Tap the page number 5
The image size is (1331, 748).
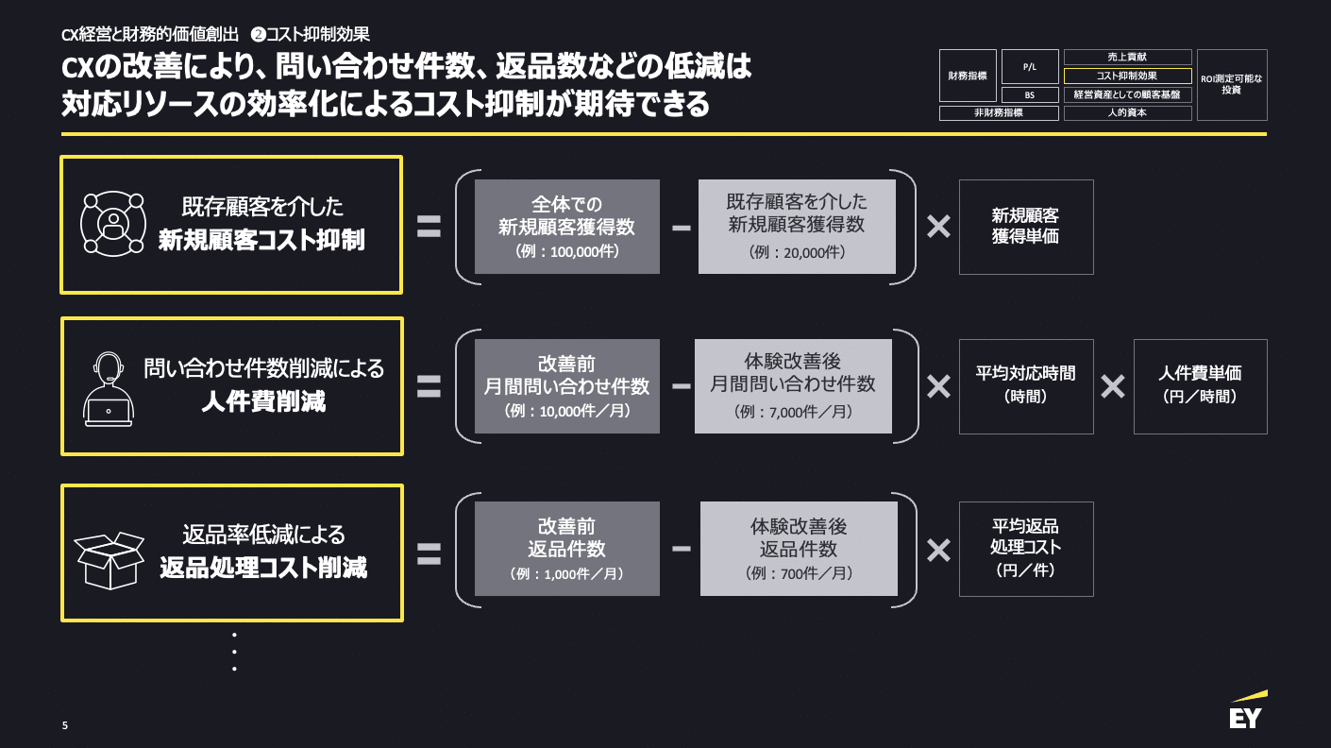point(65,725)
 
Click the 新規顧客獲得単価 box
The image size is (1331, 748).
point(1025,227)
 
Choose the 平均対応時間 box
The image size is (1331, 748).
point(1025,386)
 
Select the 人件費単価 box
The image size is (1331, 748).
point(1200,386)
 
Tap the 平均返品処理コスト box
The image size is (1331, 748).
point(1025,549)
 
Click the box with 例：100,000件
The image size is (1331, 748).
point(566,227)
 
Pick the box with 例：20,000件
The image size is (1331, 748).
point(797,227)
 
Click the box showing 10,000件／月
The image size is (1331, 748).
point(566,386)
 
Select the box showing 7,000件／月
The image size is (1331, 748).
point(793,386)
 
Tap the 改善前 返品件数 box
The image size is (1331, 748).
point(566,549)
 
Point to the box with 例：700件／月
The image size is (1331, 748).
point(799,549)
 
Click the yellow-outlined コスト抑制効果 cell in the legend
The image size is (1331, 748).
point(1127,76)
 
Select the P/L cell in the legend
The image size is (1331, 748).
point(1030,66)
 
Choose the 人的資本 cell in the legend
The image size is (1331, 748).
point(1127,112)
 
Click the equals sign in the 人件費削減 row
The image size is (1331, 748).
point(429,386)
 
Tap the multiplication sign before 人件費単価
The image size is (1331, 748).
point(1113,386)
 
